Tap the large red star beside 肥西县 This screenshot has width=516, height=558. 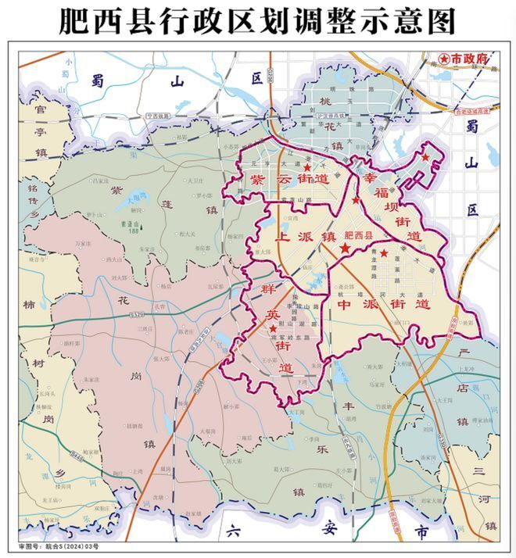(345, 248)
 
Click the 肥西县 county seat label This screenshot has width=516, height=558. (361, 234)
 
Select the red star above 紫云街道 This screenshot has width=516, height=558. (307, 167)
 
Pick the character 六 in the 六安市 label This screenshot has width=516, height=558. (231, 531)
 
